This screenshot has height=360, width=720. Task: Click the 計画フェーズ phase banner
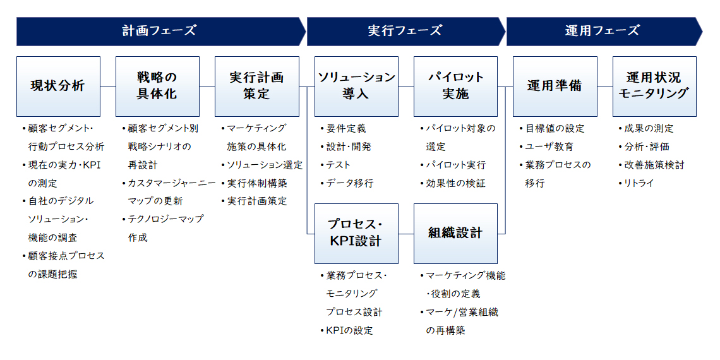point(160,31)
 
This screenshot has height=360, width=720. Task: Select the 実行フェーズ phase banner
point(406,31)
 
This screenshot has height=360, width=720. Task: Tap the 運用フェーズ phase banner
point(604,31)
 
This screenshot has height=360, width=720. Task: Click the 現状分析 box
point(58,87)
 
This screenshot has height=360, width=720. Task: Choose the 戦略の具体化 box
point(157,87)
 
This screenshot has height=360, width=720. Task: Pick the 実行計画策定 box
point(257,87)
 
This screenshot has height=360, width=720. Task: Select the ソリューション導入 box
point(356,87)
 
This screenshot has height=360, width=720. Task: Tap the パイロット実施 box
point(455,87)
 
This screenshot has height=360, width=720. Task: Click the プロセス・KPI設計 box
point(356,233)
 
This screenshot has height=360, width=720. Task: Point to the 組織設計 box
point(455,233)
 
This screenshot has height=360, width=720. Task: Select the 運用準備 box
point(555,87)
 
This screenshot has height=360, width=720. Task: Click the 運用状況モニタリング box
point(654,87)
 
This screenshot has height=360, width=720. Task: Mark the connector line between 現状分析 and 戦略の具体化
point(108,87)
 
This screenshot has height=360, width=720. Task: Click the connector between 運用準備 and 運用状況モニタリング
point(605,87)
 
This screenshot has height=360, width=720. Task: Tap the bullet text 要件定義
point(346,129)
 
